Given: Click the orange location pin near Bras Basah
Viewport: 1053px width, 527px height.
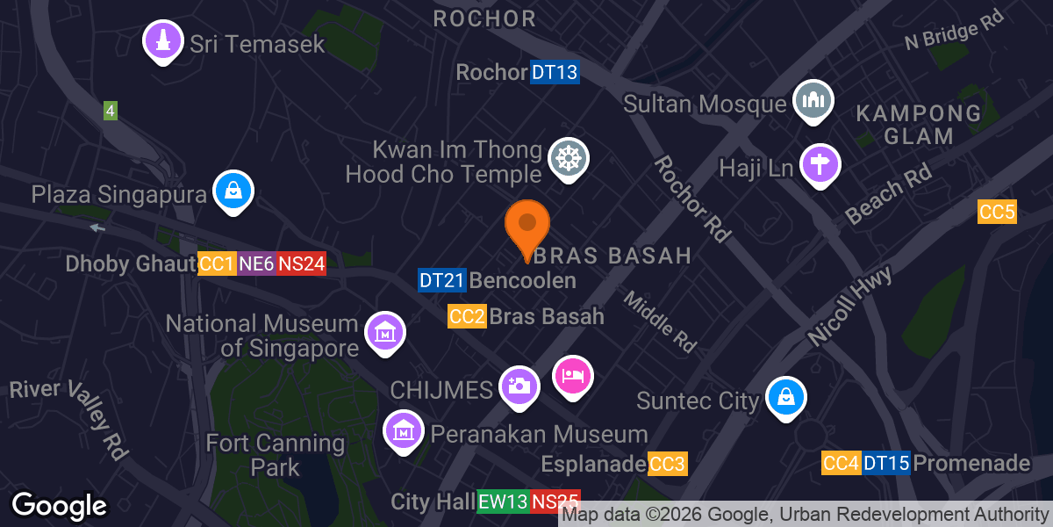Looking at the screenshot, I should point(527,225).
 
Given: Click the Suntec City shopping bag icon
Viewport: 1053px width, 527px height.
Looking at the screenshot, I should point(785,397).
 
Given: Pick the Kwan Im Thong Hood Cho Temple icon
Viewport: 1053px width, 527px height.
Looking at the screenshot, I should point(568,159).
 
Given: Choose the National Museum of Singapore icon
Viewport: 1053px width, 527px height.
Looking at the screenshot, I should point(384,333).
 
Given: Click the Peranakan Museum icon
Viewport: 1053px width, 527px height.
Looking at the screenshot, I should point(404,431).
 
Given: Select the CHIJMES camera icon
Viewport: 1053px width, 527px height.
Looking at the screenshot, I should point(519,386).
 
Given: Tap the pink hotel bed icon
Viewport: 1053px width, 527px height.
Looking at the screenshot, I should point(573,376).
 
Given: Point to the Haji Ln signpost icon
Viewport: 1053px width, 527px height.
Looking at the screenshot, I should point(820,163).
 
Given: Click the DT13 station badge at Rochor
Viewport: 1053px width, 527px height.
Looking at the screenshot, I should point(555,72).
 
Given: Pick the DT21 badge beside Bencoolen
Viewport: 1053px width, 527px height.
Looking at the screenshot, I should point(441,280).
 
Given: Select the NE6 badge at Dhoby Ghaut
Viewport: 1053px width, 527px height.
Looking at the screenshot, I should point(256,263).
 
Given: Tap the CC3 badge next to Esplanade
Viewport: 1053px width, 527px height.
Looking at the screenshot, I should point(667,463).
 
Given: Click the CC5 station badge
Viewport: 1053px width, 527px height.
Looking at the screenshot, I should point(997,212).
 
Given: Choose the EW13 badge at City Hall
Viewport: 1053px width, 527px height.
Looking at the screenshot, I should point(503,502).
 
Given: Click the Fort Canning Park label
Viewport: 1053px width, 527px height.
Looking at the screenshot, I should point(276,453).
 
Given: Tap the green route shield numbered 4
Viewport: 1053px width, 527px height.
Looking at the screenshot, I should point(110,111).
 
